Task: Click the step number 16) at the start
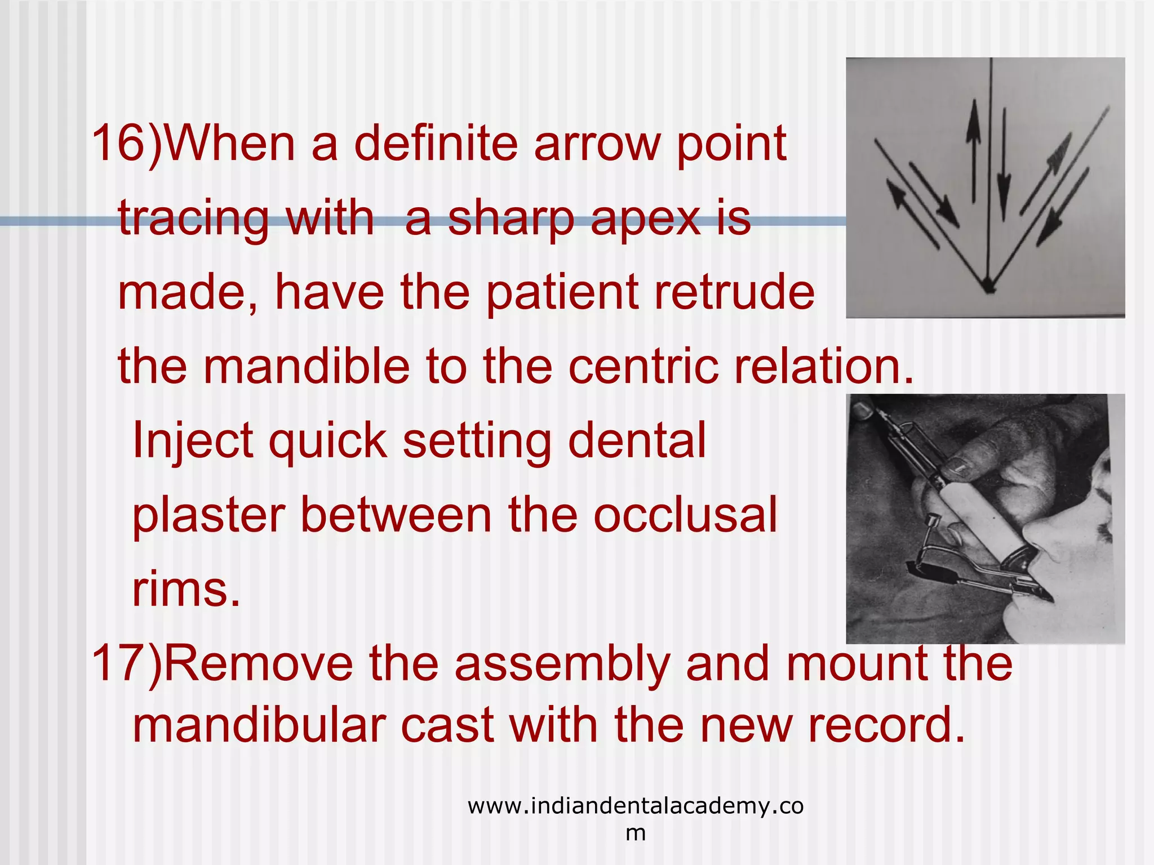pos(127,144)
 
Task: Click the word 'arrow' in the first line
pos(597,144)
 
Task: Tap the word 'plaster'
pos(208,515)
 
